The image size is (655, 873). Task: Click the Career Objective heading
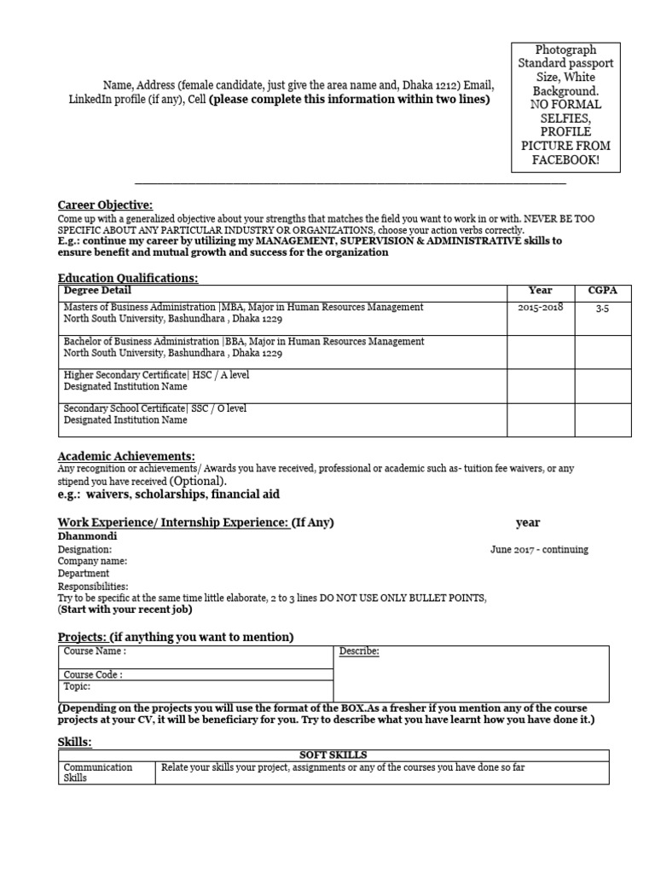(x=105, y=205)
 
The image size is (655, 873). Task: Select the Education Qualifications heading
(x=128, y=278)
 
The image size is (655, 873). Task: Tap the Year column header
(x=540, y=291)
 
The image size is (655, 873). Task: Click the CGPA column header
(x=602, y=291)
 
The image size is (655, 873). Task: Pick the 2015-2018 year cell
(x=540, y=308)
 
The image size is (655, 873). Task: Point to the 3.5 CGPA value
(x=602, y=308)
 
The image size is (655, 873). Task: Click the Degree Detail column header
(x=94, y=291)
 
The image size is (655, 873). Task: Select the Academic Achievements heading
(x=126, y=456)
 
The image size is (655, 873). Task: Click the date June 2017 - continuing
(x=539, y=550)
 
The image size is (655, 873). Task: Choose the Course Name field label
(x=96, y=652)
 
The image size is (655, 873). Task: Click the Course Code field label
(x=93, y=674)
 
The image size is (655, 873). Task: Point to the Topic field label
(x=78, y=686)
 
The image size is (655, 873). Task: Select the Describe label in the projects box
(x=359, y=652)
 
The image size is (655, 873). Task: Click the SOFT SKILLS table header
(x=333, y=755)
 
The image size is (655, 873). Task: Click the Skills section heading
(x=74, y=742)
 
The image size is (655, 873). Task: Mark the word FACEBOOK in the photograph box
(x=566, y=159)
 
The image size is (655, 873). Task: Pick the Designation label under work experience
(x=84, y=550)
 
